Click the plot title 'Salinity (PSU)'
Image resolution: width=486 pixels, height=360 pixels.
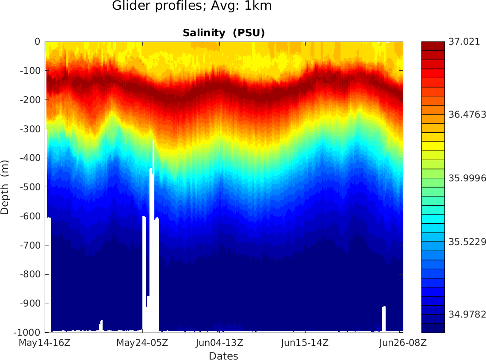pyautogui.click(x=223, y=33)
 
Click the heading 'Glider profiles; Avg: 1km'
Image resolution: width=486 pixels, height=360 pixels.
pyautogui.click(x=191, y=6)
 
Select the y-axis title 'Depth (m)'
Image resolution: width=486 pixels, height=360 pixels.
pyautogui.click(x=5, y=187)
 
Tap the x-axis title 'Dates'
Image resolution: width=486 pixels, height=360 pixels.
pyautogui.click(x=223, y=356)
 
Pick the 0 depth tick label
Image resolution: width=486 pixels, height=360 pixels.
pyautogui.click(x=38, y=42)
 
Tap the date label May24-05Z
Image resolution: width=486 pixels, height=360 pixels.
pyautogui.click(x=142, y=343)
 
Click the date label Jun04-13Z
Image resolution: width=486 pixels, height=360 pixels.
pyautogui.click(x=219, y=343)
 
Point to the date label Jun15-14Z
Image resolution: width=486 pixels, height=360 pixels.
pyautogui.click(x=305, y=343)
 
